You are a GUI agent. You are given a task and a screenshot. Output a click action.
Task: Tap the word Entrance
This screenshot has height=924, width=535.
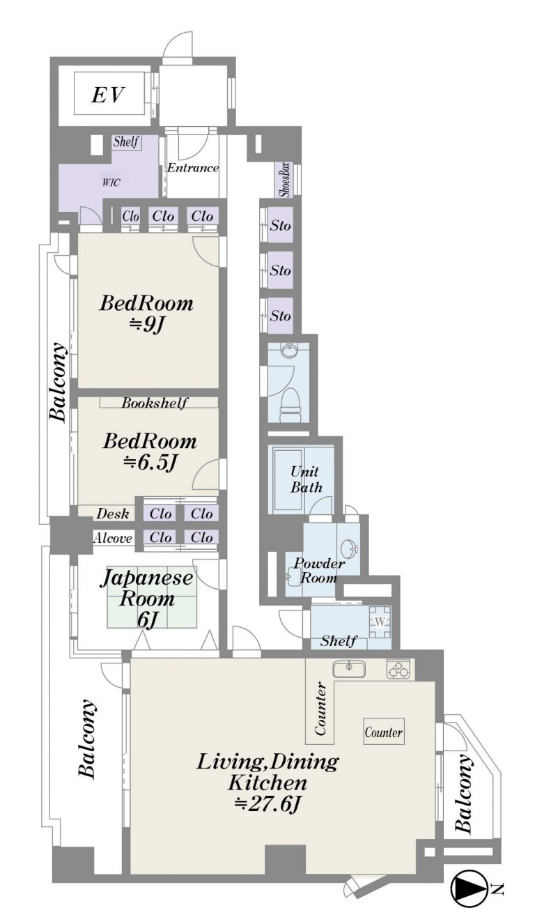[193, 168]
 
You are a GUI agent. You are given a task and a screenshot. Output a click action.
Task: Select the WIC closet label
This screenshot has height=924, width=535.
[111, 182]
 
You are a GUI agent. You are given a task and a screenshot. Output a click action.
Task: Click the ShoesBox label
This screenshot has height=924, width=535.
[286, 180]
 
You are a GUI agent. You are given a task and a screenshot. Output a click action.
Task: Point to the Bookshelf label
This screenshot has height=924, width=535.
[155, 403]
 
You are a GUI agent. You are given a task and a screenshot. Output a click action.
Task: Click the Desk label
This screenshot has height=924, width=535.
[113, 514]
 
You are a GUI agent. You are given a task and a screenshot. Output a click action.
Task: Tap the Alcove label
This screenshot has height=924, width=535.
[113, 538]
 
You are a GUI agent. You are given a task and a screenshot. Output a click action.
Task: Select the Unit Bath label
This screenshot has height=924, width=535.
[306, 479]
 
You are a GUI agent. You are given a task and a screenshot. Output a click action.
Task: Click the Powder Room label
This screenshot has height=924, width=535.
[319, 571]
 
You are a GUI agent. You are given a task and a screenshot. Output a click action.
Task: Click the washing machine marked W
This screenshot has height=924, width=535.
[380, 622]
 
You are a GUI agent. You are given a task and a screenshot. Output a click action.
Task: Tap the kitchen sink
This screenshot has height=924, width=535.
[349, 669]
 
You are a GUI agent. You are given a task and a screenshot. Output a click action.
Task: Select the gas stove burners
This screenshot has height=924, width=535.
[399, 669]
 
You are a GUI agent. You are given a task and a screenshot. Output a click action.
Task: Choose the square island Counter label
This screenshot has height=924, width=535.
[383, 732]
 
